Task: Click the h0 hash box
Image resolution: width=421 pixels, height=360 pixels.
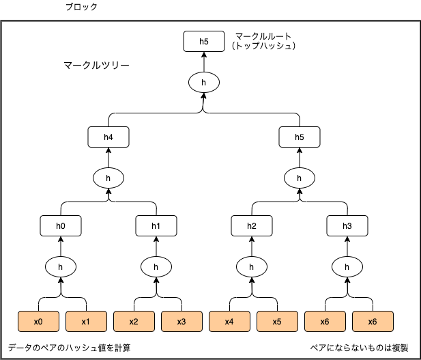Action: [61, 225]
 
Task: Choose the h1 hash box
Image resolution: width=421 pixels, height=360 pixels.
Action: [156, 225]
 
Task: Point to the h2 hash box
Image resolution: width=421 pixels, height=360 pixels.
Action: [252, 225]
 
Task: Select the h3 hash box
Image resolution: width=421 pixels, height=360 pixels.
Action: [347, 225]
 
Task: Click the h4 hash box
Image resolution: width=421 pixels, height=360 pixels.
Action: [108, 137]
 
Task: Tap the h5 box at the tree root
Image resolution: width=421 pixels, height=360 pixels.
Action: [204, 42]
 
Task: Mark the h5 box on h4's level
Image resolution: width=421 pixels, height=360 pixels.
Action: [300, 137]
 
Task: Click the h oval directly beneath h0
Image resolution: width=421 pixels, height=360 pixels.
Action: [61, 266]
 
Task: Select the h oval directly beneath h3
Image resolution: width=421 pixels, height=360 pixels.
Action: [347, 266]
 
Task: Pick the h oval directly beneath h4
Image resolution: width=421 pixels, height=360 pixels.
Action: [108, 178]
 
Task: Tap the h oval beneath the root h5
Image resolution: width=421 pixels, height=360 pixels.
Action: [204, 82]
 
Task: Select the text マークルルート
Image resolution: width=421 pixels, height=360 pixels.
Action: [262, 35]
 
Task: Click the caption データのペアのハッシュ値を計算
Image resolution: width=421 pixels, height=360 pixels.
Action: [69, 348]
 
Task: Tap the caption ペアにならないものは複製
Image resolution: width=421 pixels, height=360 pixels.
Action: [359, 348]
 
